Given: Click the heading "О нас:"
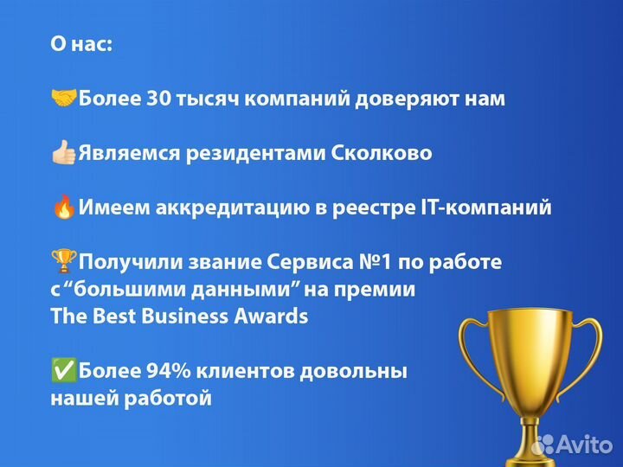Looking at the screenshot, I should [x=81, y=44].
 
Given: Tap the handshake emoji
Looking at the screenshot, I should [x=64, y=99].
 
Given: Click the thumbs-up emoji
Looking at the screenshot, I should [x=64, y=153].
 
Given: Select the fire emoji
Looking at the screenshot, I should [x=64, y=208].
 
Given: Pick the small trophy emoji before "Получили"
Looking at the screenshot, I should [x=64, y=261].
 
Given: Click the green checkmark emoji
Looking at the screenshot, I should [x=64, y=372].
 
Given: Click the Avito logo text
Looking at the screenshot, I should [x=581, y=444].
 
